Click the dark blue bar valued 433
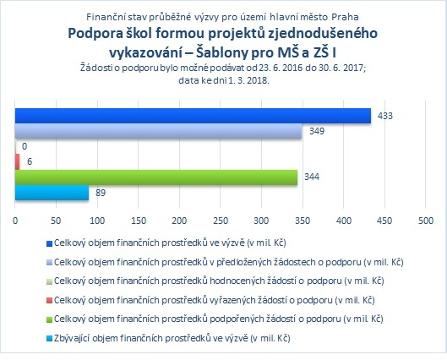[193, 116]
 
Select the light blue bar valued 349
[158, 131]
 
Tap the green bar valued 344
[156, 177]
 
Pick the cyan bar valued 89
[52, 193]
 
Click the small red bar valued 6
[18, 162]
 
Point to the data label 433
[385, 116]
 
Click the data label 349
[317, 131]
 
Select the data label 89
[101, 193]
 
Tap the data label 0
[25, 146]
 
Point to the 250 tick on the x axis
[221, 221]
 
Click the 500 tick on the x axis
[426, 221]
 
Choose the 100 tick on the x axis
[97, 221]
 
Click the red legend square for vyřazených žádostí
[49, 301]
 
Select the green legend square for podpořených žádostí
[49, 319]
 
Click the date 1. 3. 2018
[248, 80]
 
